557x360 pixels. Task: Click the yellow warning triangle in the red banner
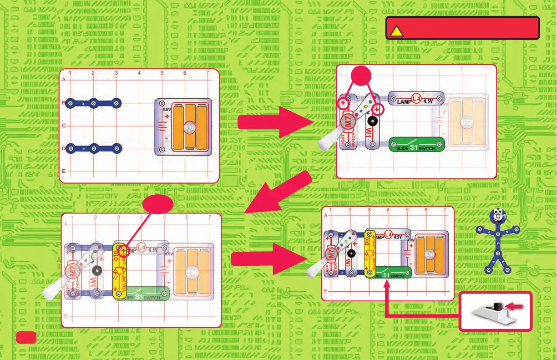(396, 30)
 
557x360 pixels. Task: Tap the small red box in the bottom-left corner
(25, 337)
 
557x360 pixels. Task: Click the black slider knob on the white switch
(497, 306)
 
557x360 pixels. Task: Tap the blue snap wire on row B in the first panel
(93, 103)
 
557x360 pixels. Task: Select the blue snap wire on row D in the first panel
(93, 148)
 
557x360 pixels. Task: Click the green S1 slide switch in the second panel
(416, 144)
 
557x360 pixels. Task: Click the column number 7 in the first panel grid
(208, 73)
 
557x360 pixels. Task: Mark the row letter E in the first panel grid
(63, 171)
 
